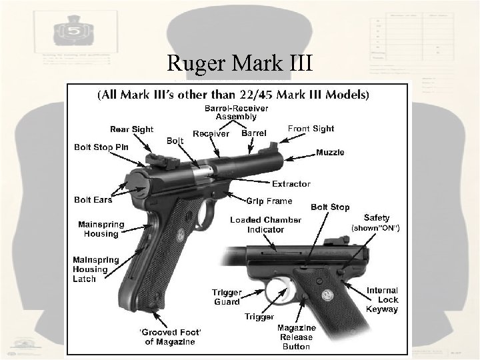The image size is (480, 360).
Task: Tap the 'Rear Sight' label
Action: coord(131,129)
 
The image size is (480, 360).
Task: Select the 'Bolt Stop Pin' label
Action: coord(101,146)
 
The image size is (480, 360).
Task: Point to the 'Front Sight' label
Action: coord(311,129)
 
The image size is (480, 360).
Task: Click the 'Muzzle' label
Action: coord(330,153)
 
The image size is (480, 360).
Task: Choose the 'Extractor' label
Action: coord(291,184)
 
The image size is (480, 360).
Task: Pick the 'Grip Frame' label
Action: coord(269,201)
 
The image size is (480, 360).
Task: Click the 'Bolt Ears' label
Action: coord(93,199)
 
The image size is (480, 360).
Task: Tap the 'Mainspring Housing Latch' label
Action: coord(95,269)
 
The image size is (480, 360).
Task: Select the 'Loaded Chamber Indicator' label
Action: coord(265,225)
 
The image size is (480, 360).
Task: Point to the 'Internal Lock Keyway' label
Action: coord(382,299)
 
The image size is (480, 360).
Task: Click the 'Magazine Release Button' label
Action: coord(295,337)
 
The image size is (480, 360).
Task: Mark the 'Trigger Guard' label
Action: coord(227,297)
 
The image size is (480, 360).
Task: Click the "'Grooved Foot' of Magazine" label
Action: coord(167,337)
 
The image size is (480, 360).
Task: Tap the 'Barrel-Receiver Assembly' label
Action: coord(231,112)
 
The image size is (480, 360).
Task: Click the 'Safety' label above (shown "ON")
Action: coord(377,218)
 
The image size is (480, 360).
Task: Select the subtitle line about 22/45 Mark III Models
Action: coord(233,95)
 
